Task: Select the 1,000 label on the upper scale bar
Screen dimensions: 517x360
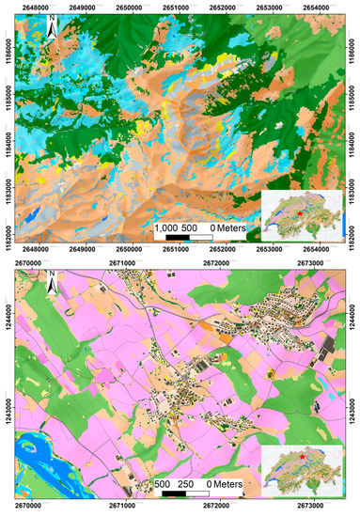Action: tap(167, 227)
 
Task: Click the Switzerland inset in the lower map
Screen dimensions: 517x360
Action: tap(298, 464)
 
